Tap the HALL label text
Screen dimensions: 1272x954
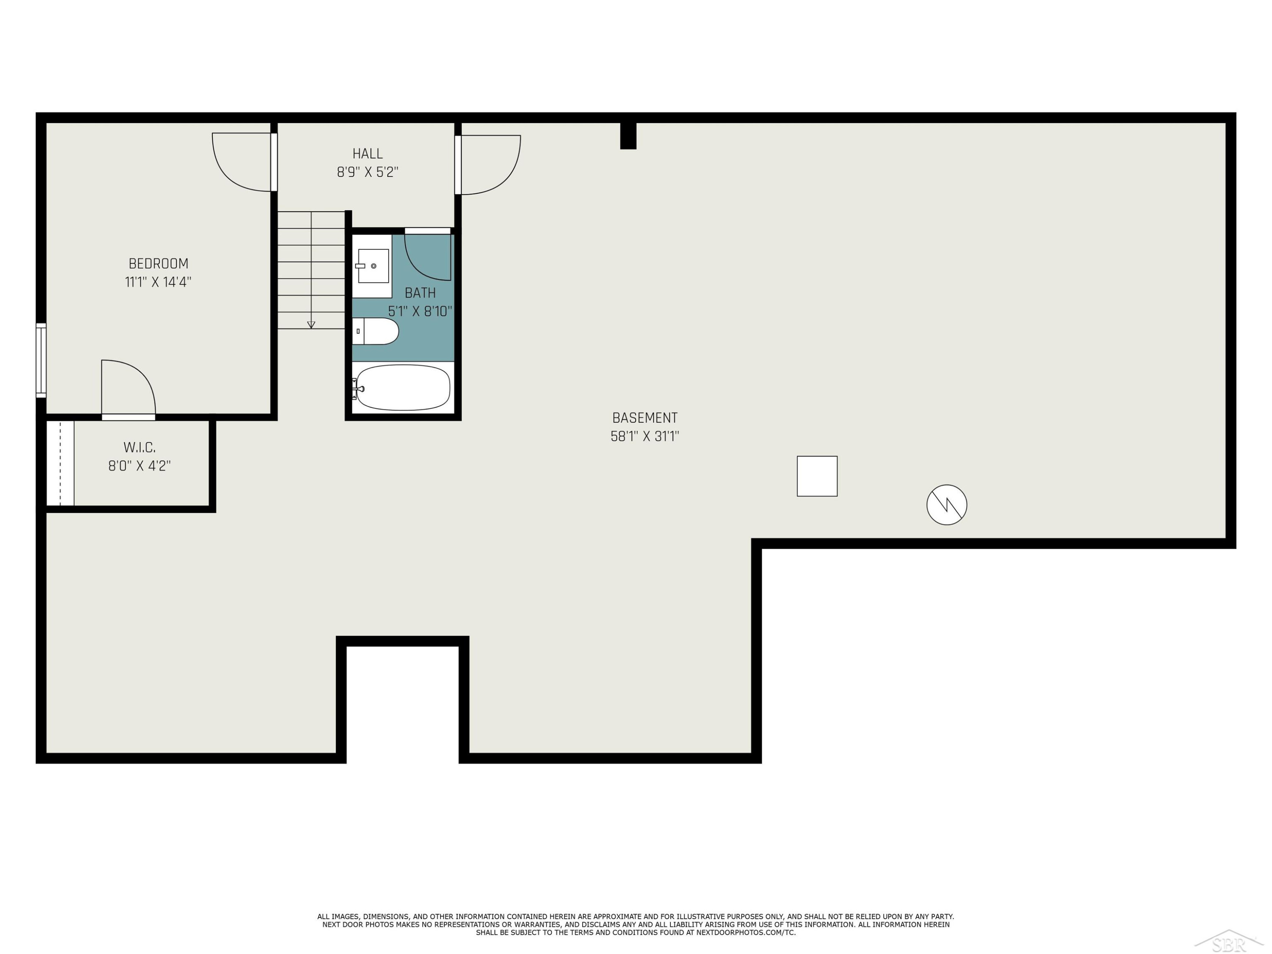(368, 153)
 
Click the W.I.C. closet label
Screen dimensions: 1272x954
(140, 447)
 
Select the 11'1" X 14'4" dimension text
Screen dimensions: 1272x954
(158, 282)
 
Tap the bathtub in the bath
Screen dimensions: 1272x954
(402, 388)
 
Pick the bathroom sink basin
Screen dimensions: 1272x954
(373, 266)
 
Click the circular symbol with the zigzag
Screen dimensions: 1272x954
(946, 505)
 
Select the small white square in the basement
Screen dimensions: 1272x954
(817, 476)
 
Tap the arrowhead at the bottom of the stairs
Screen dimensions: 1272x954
(311, 325)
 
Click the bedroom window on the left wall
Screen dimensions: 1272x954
(41, 360)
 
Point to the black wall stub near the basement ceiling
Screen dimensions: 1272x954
(628, 136)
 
